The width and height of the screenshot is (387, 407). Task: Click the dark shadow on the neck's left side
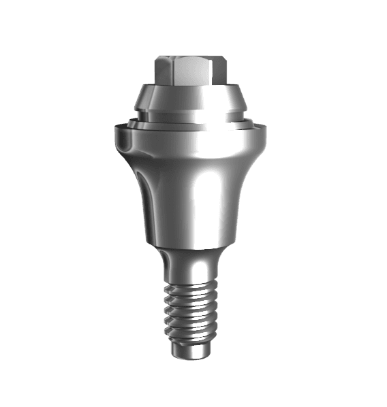(166, 265)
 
